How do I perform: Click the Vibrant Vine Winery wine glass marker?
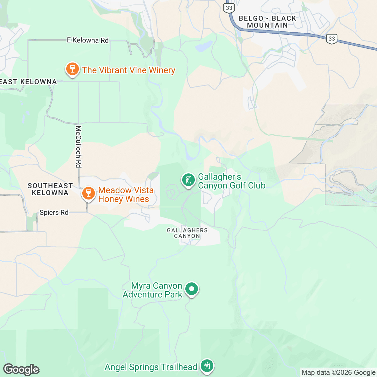(72, 69)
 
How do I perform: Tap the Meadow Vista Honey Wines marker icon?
(88, 193)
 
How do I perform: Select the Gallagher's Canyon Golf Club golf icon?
(188, 180)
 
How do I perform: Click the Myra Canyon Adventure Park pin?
(191, 289)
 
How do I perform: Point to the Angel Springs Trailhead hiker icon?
(207, 366)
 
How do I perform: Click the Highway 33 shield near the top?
(229, 8)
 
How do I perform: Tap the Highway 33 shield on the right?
(332, 39)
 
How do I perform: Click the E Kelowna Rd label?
(88, 40)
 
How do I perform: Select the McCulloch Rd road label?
(79, 146)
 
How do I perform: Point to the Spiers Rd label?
(54, 213)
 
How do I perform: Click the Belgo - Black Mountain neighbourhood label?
(267, 22)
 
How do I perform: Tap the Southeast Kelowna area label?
(50, 189)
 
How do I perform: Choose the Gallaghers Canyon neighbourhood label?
(187, 233)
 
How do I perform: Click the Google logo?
(21, 369)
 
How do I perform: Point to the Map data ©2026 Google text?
(338, 373)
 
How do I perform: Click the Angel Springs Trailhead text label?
(151, 367)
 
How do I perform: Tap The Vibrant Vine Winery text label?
(128, 70)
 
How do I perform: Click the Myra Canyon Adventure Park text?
(153, 290)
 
